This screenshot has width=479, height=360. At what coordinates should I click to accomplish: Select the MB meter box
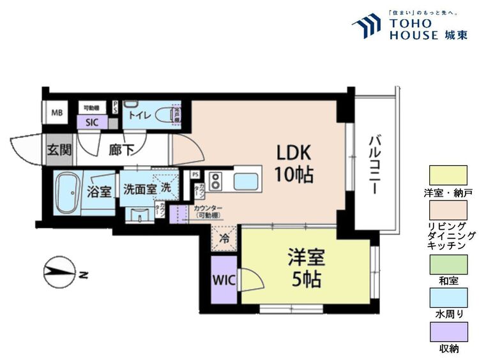pos(57,114)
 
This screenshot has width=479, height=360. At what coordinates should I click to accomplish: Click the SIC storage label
pos(91,123)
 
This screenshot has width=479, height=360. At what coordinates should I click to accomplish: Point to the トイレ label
pos(139,116)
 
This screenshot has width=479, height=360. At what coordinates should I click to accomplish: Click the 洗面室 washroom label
pos(139,190)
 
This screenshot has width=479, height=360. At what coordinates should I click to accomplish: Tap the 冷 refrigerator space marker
pos(224,238)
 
